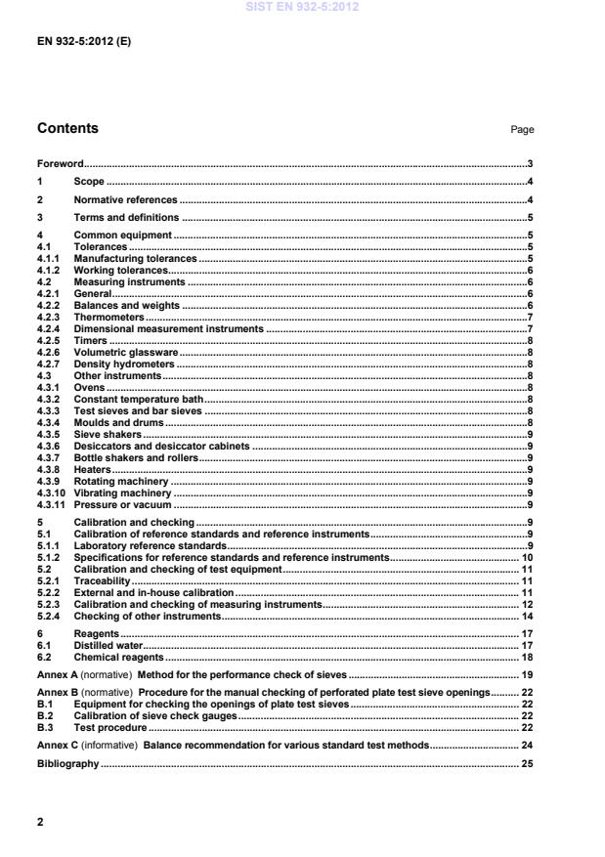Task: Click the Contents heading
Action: coord(67,129)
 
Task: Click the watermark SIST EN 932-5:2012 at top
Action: coord(302,6)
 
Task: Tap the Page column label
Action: coord(523,130)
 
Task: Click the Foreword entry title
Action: coord(60,164)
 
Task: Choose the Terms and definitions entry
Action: coord(126,217)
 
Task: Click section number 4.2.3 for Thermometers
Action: coord(49,318)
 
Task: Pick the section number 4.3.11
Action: coord(51,505)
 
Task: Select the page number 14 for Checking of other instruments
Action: coord(526,617)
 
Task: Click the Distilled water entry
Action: coord(108,646)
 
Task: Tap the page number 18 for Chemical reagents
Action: coord(526,658)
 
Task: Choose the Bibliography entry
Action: coord(67,763)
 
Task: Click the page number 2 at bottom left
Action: coord(40,823)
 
